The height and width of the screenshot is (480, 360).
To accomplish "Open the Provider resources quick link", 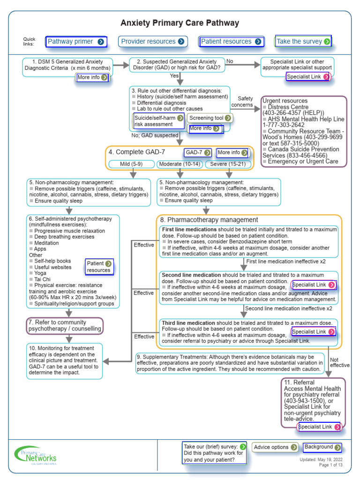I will (x=153, y=42).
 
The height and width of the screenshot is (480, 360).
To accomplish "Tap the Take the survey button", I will (x=303, y=42).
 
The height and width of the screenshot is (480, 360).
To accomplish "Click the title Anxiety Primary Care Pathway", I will (x=180, y=23).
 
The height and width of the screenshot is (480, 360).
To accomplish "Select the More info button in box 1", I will (x=93, y=77).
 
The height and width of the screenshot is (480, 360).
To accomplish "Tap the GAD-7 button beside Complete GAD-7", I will (x=198, y=152).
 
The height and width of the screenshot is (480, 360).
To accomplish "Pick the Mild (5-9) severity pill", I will (x=131, y=164).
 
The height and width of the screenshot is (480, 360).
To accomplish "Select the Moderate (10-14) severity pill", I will (x=180, y=164).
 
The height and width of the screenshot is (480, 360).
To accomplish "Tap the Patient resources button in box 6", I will (x=99, y=267).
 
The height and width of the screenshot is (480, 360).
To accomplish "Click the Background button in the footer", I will (x=322, y=447).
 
